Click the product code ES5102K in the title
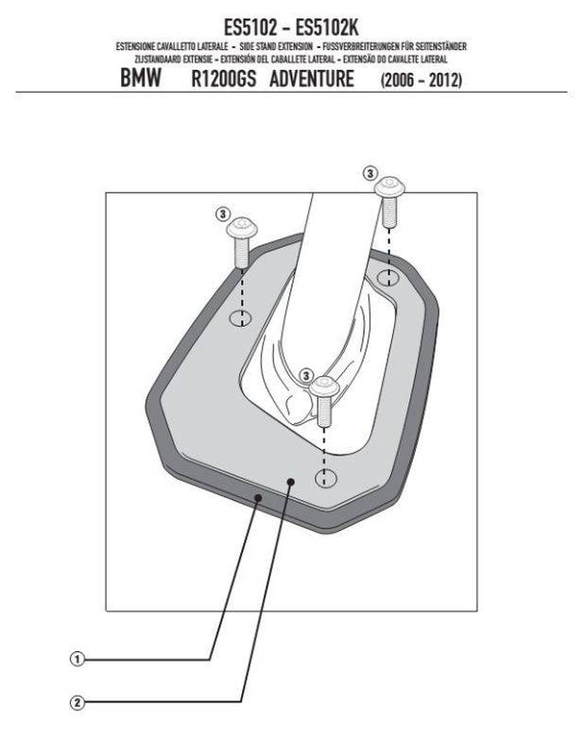point(326,27)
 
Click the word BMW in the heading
point(141,78)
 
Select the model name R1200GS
point(223,78)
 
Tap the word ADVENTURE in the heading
point(312,78)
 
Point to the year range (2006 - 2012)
point(421,79)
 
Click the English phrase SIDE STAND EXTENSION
point(276,46)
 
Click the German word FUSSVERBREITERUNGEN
point(361,46)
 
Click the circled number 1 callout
point(77,659)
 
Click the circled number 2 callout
point(77,702)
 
